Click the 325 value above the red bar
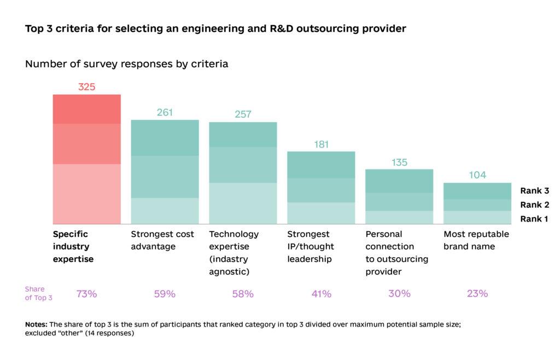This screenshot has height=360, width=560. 86,86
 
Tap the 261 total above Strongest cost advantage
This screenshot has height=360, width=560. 165,112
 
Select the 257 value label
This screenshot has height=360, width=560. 243,114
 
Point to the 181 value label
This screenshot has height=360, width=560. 321,144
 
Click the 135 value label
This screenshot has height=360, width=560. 399,162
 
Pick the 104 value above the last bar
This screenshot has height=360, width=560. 477,175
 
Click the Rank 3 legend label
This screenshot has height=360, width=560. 534,191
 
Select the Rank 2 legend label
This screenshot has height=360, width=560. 534,205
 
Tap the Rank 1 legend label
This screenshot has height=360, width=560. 534,219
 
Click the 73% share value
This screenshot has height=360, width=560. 86,294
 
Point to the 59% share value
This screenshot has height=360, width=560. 165,294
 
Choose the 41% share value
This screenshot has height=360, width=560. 321,294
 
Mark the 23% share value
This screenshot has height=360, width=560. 477,294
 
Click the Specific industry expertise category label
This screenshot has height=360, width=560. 73,247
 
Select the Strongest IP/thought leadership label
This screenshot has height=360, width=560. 311,247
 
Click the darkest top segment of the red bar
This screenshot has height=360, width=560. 86,109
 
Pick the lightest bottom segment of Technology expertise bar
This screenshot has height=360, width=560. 243,203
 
